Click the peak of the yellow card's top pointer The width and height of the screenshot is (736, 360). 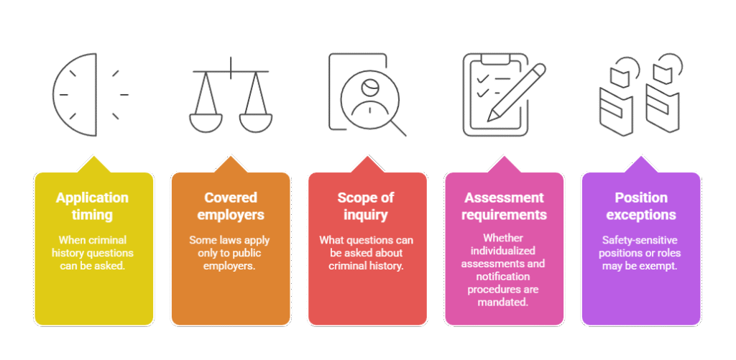point(94,157)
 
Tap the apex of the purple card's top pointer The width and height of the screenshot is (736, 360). point(640,157)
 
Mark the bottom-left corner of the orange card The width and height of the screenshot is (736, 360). point(172,326)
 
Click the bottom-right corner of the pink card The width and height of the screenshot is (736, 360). point(563,326)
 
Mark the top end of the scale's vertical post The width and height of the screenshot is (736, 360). point(231,57)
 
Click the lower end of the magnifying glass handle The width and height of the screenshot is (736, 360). point(405,136)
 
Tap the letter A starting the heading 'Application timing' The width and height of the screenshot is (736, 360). point(60,198)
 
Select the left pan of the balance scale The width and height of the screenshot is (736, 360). point(206,123)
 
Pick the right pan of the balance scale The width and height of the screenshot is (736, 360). point(255,123)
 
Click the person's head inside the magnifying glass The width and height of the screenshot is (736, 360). point(370,87)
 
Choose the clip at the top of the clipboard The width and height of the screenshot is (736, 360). point(494,59)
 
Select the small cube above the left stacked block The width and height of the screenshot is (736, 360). point(620,77)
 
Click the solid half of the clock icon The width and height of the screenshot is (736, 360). point(75,94)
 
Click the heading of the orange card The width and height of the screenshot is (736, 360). point(231,206)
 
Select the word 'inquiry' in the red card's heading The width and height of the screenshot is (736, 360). point(365,215)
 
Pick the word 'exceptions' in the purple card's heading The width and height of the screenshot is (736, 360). point(640,215)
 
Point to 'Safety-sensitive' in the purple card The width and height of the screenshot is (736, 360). point(640,240)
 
